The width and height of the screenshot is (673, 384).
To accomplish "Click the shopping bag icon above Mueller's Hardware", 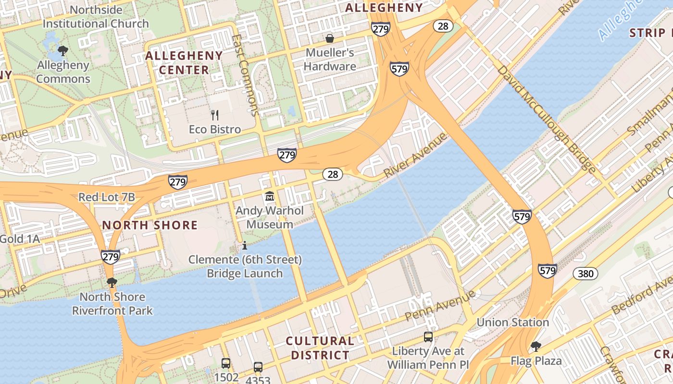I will click(x=330, y=38).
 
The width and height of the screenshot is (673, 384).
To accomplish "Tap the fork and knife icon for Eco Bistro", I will click(x=215, y=115).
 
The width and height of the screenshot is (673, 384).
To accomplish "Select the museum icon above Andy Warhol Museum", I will click(x=269, y=196).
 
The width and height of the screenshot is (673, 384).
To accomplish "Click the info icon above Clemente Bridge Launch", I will click(x=245, y=246).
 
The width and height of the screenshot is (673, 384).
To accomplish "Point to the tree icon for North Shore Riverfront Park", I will click(x=112, y=282).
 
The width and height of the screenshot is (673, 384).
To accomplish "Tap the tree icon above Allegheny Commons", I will click(x=62, y=50).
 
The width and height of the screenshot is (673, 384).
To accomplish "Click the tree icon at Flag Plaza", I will click(x=536, y=346).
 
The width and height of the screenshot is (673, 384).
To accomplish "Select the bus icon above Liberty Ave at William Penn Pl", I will click(x=428, y=337).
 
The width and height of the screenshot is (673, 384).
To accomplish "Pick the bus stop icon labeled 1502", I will click(x=226, y=363).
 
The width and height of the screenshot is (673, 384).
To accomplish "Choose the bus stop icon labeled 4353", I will click(x=258, y=367).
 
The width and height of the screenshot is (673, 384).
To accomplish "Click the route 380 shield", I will click(x=586, y=274).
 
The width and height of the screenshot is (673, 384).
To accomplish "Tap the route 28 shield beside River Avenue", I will click(x=333, y=174).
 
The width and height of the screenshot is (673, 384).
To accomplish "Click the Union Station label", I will click(x=512, y=322).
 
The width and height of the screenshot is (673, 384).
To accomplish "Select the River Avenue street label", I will click(x=415, y=156).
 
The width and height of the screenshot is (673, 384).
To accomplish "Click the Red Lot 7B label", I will click(x=107, y=197).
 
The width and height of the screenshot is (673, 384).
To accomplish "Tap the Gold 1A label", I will click(x=19, y=239).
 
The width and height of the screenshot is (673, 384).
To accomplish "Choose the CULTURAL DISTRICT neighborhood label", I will click(x=320, y=348).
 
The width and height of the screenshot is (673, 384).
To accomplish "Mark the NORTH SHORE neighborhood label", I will click(x=150, y=225).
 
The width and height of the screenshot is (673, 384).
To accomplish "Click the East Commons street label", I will click(x=246, y=75).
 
